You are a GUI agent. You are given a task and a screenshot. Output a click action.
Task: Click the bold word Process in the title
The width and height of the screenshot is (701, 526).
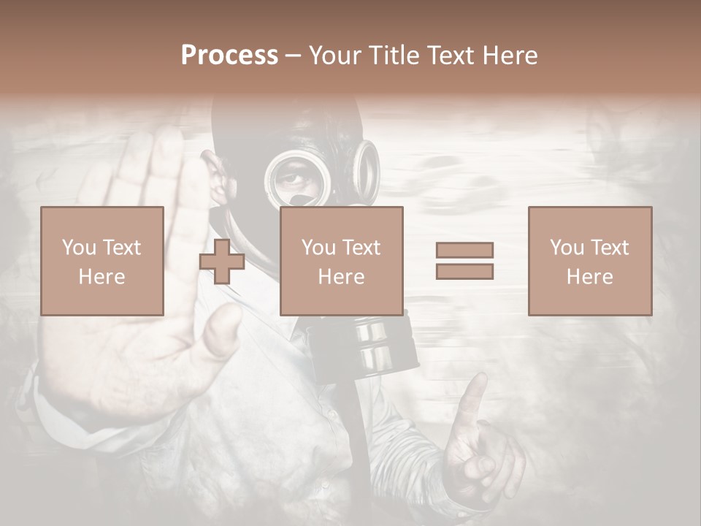pos(229,56)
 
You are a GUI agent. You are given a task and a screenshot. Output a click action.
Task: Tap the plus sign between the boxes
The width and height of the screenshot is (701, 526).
pos(222,261)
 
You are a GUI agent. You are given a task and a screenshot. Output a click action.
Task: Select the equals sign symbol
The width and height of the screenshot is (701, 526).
pos(464,261)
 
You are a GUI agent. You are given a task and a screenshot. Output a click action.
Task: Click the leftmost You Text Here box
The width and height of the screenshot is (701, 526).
pos(102,261)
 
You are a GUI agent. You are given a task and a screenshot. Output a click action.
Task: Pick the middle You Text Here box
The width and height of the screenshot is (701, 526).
pos(341,261)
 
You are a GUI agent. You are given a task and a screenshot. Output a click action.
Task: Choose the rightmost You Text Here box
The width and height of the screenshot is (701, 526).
pos(589,261)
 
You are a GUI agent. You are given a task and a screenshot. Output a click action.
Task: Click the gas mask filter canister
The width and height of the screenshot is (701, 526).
pos(372,343)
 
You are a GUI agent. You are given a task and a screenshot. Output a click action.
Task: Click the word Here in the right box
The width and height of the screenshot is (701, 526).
pos(589,277)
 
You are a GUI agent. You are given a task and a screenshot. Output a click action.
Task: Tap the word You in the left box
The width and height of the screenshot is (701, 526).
pos(78,248)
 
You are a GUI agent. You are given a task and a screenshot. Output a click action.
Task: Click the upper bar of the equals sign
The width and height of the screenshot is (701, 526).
pos(464,250)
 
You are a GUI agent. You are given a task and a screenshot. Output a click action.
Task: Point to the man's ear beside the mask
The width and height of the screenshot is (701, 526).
pos(216,183)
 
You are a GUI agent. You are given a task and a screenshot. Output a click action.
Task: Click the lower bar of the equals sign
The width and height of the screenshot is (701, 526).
pos(464,272)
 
